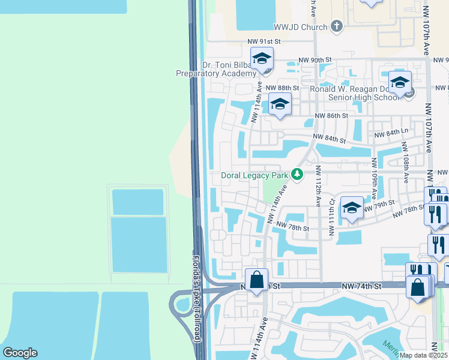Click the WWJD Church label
tap(300, 27)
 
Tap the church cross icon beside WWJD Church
tap(336, 26)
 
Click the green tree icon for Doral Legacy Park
tap(297, 175)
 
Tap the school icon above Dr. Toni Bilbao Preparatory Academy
tap(262, 59)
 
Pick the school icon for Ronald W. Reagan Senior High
tap(400, 83)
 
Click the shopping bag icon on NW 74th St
tap(256, 280)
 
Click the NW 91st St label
tap(264, 41)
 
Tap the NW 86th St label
tap(333, 115)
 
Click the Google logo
tap(20, 353)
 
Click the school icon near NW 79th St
tap(352, 208)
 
